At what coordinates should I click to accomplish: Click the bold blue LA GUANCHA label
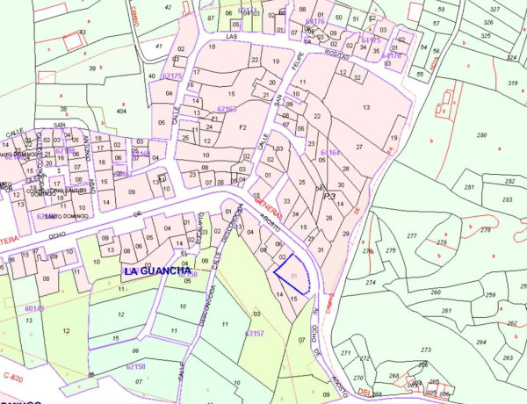[x=159, y=271]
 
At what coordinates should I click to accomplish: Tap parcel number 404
[x=122, y=112]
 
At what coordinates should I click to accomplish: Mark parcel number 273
[x=426, y=350]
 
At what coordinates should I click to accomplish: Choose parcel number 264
[x=480, y=342]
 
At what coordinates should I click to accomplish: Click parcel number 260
[x=435, y=292]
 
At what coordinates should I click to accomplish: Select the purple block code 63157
[x=255, y=334]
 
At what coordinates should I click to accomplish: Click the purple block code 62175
[x=172, y=76]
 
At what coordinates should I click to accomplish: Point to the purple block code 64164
[x=329, y=153]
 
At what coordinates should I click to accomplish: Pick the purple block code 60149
[x=34, y=308]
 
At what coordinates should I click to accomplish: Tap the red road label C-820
[x=11, y=376]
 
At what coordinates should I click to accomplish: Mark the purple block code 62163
[x=227, y=109]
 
